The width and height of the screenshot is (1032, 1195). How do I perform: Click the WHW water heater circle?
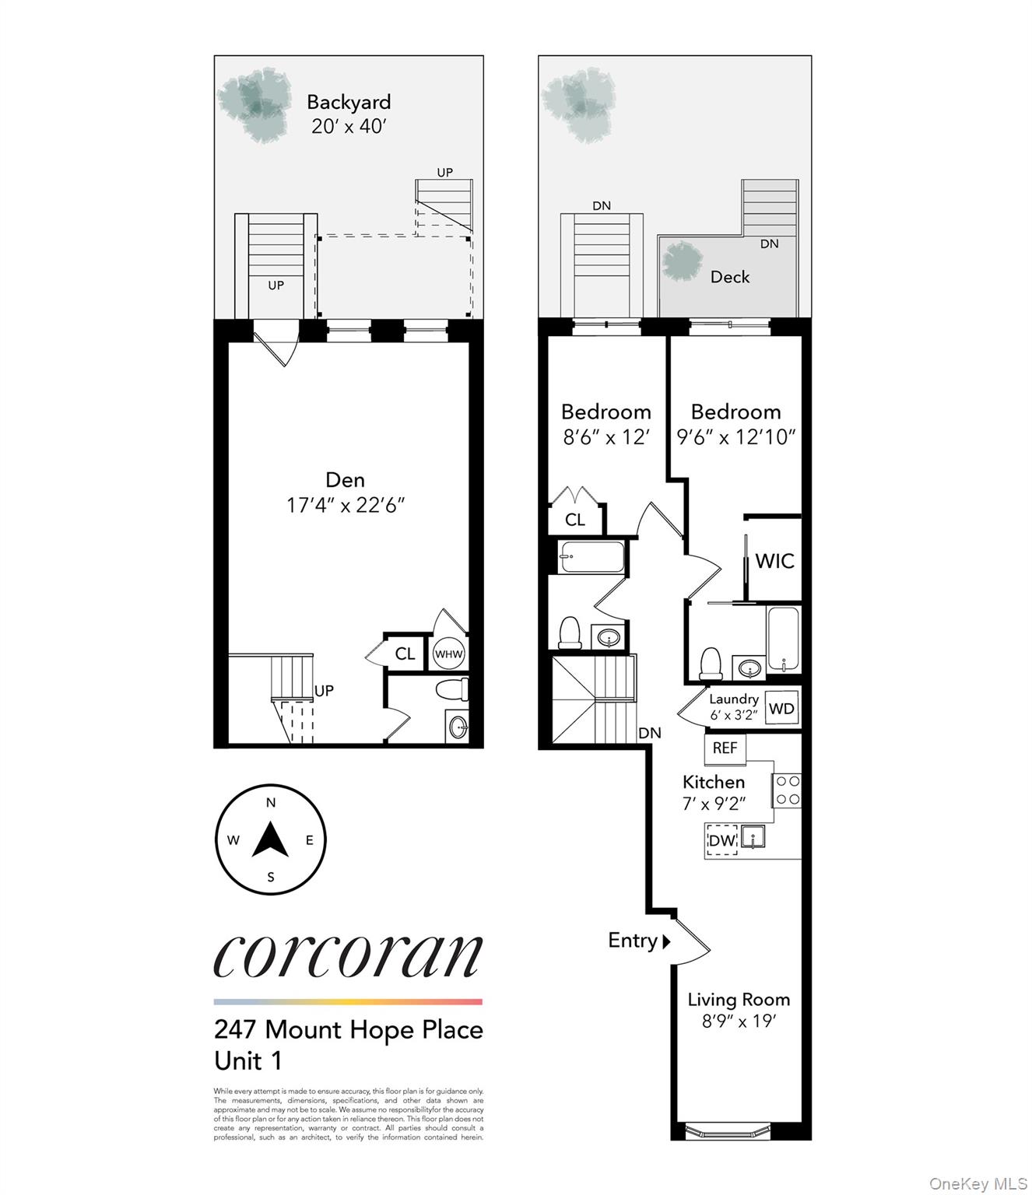448,654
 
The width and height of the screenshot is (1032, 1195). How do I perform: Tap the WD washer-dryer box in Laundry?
781,709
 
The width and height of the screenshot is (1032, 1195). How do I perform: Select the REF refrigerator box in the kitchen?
725,748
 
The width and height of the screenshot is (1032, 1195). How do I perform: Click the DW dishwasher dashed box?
721,840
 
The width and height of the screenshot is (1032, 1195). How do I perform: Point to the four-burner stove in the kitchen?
787,790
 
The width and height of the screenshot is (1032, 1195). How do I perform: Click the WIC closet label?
774,561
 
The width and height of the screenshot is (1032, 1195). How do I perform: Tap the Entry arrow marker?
666,941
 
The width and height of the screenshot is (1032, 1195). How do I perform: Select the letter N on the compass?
271,803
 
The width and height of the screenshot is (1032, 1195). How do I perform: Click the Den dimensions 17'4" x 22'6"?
345,505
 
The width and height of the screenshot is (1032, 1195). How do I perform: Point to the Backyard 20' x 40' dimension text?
349,126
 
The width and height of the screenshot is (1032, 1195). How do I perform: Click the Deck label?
730,277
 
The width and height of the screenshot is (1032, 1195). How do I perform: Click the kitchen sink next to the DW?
753,837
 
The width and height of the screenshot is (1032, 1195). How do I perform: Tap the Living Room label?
738,1000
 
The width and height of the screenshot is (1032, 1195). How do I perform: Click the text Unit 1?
247,1060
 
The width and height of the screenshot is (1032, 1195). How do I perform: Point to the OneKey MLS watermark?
978,1183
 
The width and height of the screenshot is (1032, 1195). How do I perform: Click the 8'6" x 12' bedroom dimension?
606,437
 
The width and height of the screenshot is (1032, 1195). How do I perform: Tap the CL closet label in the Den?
405,654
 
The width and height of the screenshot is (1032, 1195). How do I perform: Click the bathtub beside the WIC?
783,639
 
